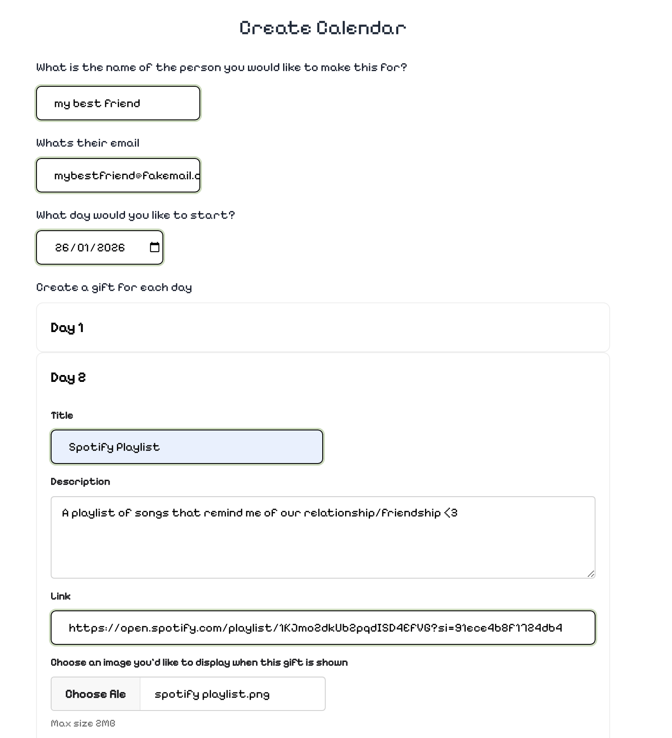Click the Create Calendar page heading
tap(323, 28)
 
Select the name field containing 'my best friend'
tap(118, 104)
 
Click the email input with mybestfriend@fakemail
tap(118, 176)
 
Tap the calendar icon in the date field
tap(154, 247)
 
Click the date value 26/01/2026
tap(90, 248)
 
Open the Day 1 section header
tap(67, 328)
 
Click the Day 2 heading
tap(68, 378)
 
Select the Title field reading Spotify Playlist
tap(186, 447)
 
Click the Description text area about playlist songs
tap(322, 537)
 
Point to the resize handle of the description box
tap(591, 574)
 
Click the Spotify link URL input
tap(322, 628)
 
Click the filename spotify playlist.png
tap(212, 694)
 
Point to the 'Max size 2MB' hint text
tap(83, 723)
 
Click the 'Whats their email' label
tap(88, 143)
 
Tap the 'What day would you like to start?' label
tap(135, 215)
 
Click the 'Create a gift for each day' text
tap(114, 287)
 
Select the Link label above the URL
tap(61, 596)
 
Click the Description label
tap(80, 482)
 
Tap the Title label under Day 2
tap(62, 415)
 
